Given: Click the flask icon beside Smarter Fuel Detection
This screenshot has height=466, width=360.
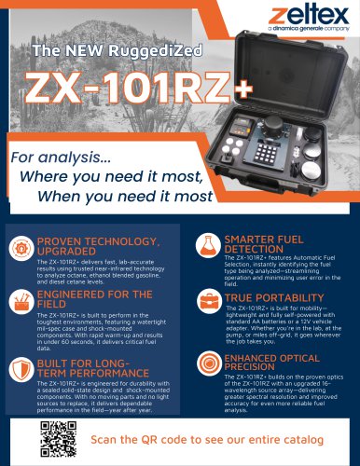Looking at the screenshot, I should pyautogui.click(x=207, y=247).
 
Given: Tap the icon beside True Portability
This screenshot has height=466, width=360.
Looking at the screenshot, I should pyautogui.click(x=207, y=302).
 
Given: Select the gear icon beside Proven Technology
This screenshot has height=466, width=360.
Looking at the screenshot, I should pyautogui.click(x=20, y=248).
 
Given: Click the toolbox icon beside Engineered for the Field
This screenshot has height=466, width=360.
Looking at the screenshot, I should pyautogui.click(x=20, y=299).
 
